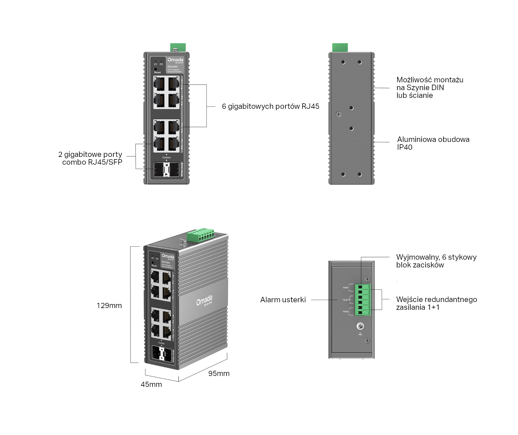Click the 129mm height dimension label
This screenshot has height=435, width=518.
point(109,305)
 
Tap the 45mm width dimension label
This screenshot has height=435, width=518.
point(151,384)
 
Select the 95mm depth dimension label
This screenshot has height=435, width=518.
point(219,373)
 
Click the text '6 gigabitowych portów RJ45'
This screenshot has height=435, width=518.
point(270,106)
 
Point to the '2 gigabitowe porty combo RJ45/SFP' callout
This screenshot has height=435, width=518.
point(90,158)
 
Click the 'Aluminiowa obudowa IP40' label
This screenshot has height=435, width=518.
point(433,143)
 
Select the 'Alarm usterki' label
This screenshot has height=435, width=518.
point(283,300)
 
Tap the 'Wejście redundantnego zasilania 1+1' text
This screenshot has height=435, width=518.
point(436,303)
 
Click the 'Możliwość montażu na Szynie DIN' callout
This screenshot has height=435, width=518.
point(430,88)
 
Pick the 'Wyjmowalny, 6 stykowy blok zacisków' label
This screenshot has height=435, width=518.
point(436,261)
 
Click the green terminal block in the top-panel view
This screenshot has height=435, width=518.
point(362,300)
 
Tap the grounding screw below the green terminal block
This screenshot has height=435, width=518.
point(360,326)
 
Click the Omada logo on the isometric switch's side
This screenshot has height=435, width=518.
point(204,300)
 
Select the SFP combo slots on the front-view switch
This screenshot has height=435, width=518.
point(166,170)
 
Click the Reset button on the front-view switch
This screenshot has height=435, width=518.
point(156,69)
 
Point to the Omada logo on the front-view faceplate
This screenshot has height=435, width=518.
point(175,60)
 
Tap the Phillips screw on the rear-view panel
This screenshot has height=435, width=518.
point(339,114)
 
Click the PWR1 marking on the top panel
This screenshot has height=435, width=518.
point(346,288)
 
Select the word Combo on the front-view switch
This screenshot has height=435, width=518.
point(166,157)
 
